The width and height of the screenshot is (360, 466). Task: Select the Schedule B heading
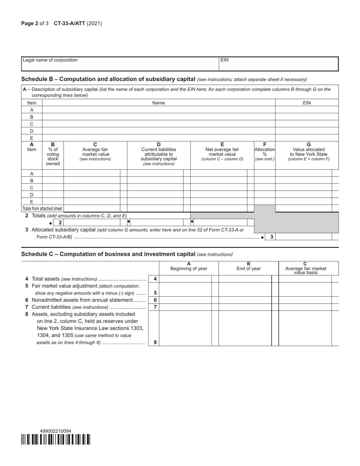(108, 79)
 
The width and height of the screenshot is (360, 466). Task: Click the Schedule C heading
(108, 254)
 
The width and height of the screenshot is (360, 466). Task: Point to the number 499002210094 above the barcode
(55, 431)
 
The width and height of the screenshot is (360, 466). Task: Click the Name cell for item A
(158, 110)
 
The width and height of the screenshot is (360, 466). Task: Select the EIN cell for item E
(307, 138)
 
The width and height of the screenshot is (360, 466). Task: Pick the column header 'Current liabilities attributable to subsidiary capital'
(158, 154)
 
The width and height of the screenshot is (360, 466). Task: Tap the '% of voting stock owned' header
(53, 154)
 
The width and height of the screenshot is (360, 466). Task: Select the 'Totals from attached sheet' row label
(42, 209)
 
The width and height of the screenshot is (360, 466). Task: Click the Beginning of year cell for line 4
(185, 279)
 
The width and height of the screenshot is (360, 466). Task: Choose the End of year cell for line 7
(245, 307)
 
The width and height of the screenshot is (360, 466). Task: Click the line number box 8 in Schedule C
(155, 342)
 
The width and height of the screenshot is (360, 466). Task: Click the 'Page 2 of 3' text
(35, 23)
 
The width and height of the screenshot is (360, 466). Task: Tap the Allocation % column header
(265, 152)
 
